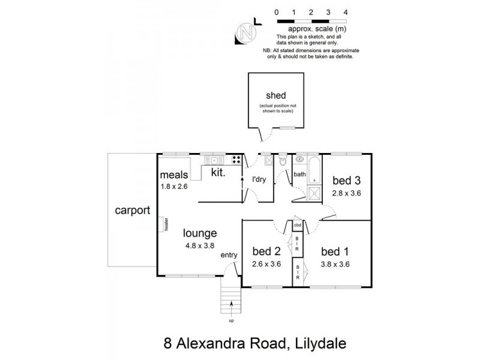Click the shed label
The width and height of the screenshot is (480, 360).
pos(276,96)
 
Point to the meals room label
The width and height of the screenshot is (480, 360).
pos(175,175)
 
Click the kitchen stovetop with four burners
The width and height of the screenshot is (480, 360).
pos(236,160)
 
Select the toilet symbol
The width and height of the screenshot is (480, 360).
pos(283,161)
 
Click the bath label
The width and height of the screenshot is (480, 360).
pos(300,175)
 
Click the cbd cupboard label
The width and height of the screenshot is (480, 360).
pos(297,225)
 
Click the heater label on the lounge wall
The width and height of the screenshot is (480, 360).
pos(166,224)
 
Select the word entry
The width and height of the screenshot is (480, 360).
pos(229,255)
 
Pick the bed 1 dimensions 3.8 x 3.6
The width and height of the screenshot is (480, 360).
pos(335,263)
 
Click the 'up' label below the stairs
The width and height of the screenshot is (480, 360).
pos(231,320)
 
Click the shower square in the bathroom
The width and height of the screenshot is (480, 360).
pos(314,193)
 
